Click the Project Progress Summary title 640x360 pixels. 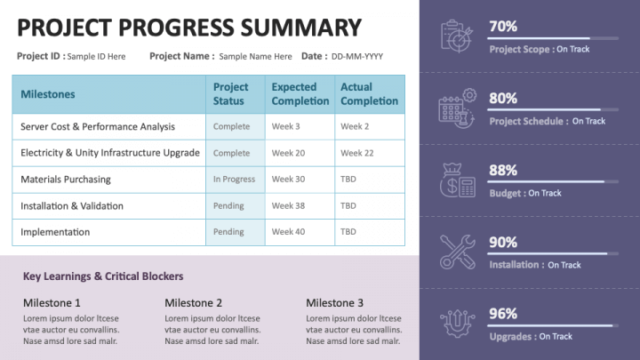pyautogui.click(x=189, y=28)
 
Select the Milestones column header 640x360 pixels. pyautogui.click(x=48, y=94)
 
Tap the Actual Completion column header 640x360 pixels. pyautogui.click(x=369, y=94)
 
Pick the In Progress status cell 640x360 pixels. pyautogui.click(x=234, y=180)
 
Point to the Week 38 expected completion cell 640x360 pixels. pyautogui.click(x=288, y=205)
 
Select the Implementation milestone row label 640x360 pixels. pyautogui.click(x=55, y=232)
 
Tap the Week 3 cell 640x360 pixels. pyautogui.click(x=285, y=127)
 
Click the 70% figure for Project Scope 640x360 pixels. pyautogui.click(x=503, y=27)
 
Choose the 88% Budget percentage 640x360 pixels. pyautogui.click(x=503, y=170)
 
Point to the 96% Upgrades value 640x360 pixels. pyautogui.click(x=503, y=313)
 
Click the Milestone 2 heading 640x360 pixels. pyautogui.click(x=193, y=302)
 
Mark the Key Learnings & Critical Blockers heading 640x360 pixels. pyautogui.click(x=103, y=276)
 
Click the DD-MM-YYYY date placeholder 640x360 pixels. pyautogui.click(x=357, y=56)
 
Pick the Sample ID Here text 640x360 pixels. pyautogui.click(x=97, y=56)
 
